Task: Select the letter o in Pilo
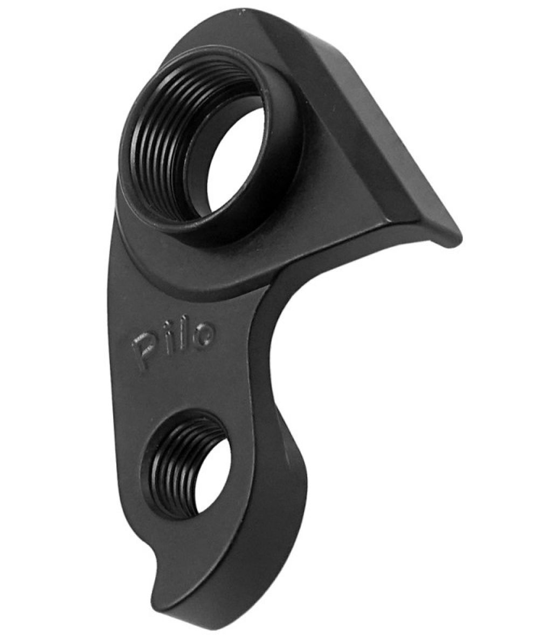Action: pyautogui.click(x=203, y=335)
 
